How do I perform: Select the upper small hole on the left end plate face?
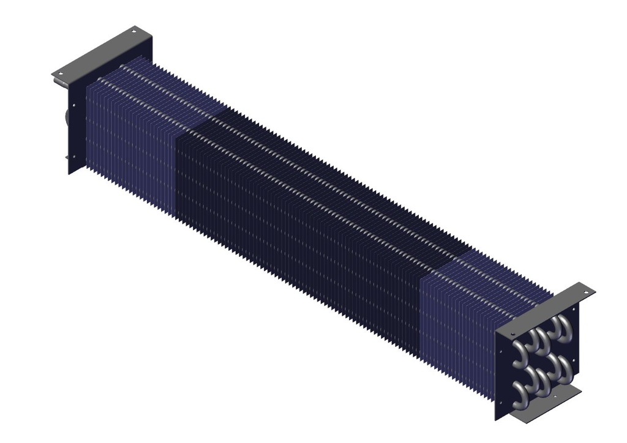pos(74,106)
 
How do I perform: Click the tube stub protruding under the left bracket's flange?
pos(65,116)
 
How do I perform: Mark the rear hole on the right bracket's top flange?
pos(586,292)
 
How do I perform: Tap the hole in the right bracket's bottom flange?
pos(554,396)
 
